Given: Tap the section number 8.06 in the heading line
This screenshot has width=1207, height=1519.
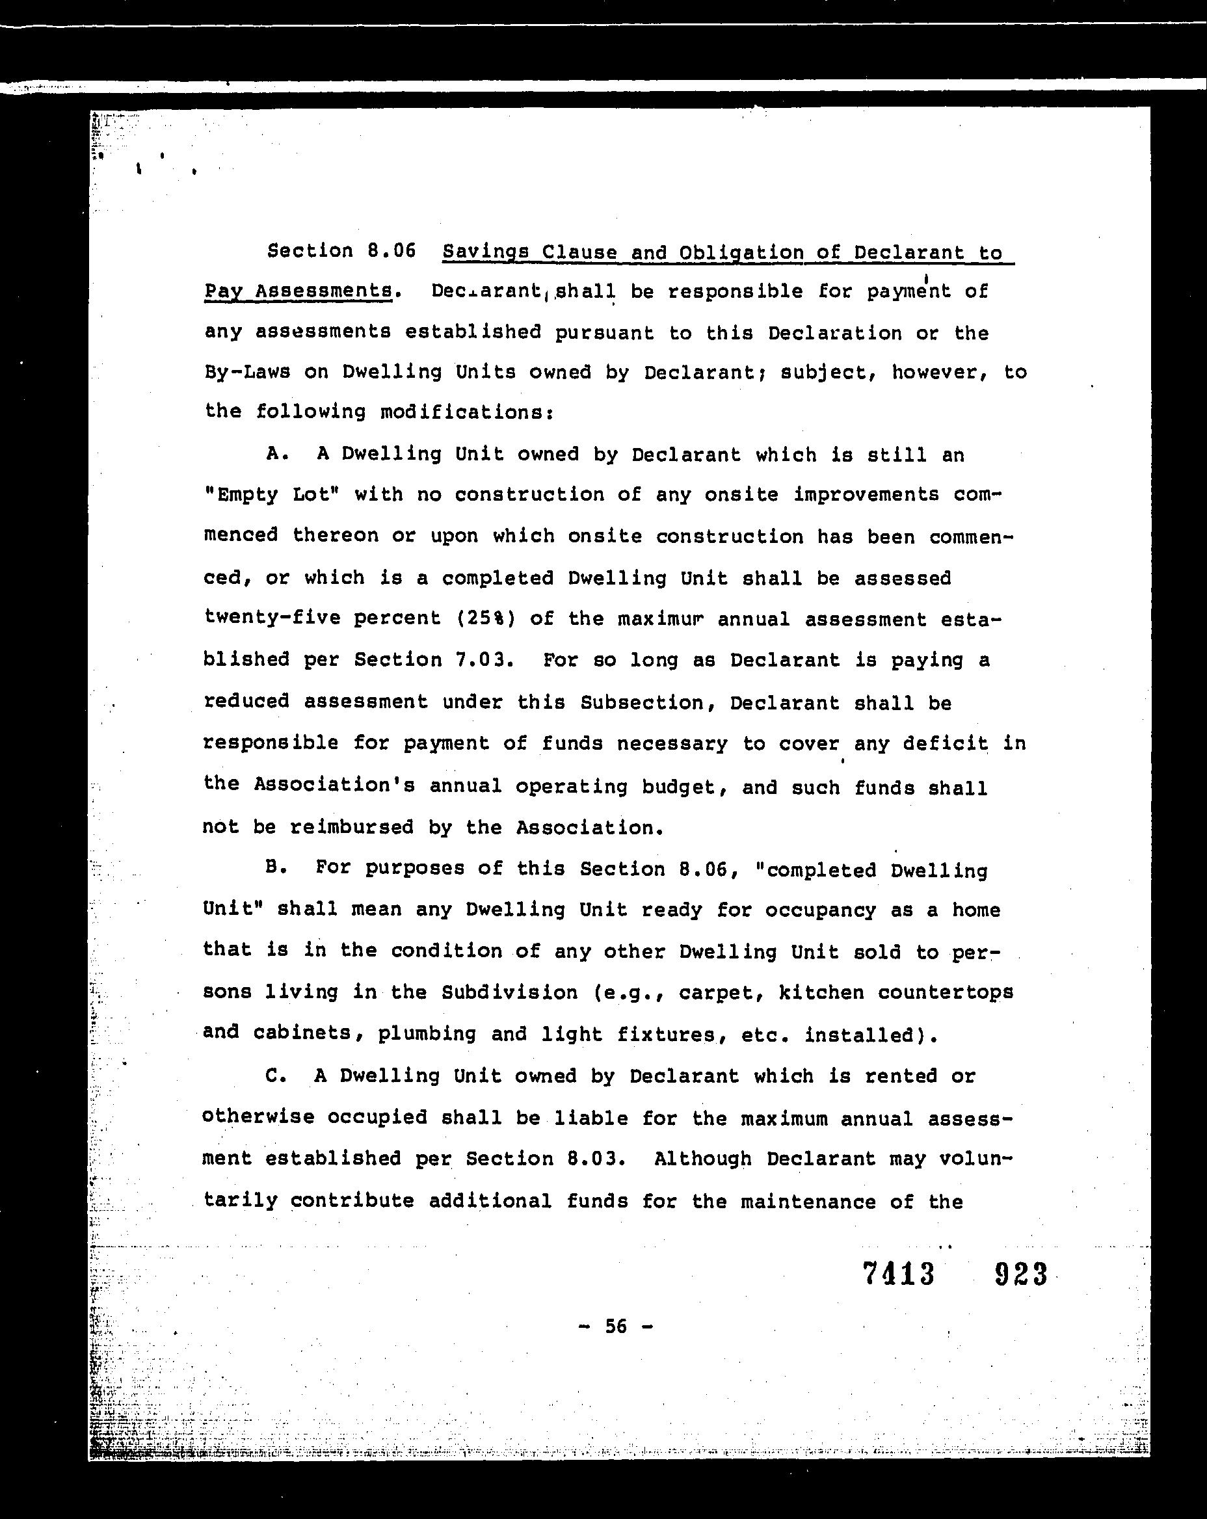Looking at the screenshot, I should [391, 251].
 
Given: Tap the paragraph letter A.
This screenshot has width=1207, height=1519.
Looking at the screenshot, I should [277, 455].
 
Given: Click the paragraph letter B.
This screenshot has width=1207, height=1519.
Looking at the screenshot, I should [276, 868].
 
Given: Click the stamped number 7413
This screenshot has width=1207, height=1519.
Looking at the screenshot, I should [898, 1274].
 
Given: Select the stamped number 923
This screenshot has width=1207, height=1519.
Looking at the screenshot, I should [1020, 1274].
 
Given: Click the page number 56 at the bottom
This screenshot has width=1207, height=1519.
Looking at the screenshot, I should [615, 1327].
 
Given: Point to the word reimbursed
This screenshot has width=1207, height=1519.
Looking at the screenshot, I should [351, 827].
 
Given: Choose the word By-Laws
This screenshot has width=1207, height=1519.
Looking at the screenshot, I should [246, 372].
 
